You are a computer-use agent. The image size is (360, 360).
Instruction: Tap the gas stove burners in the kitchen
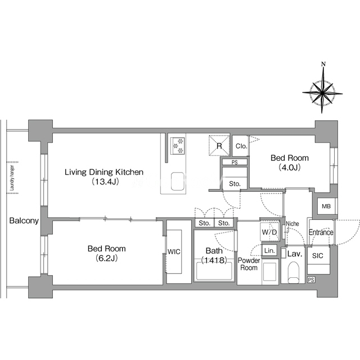[x=178, y=146]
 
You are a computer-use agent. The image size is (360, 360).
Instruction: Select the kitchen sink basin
[x=178, y=181]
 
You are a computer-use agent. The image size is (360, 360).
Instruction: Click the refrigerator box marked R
[x=219, y=145]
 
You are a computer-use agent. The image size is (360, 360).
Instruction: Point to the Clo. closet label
[x=241, y=146]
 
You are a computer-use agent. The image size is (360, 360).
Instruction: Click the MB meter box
[x=326, y=206]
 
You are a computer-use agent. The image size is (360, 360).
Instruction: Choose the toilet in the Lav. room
[x=293, y=272]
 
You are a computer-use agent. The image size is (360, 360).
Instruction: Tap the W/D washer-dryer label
[x=269, y=232]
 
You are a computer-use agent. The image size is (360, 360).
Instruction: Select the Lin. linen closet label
[x=269, y=250]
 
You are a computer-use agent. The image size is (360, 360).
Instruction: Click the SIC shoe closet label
[x=317, y=255]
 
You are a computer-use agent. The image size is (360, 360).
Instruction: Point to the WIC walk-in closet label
[x=174, y=252]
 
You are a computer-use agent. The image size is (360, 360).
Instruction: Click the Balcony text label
[x=24, y=221]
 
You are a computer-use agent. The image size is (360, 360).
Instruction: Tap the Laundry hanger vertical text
[x=12, y=178]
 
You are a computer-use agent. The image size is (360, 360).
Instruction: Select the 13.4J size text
[x=105, y=182]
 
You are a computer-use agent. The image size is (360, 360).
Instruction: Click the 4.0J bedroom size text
[x=290, y=168]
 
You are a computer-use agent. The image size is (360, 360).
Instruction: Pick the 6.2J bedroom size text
[x=106, y=258]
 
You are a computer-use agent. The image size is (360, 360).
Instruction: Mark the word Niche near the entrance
[x=292, y=223]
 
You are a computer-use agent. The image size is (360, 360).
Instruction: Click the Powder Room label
[x=249, y=264]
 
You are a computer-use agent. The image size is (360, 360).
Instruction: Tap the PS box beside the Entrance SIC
[x=311, y=280]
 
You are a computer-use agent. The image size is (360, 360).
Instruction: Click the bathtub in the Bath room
[x=214, y=271]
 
